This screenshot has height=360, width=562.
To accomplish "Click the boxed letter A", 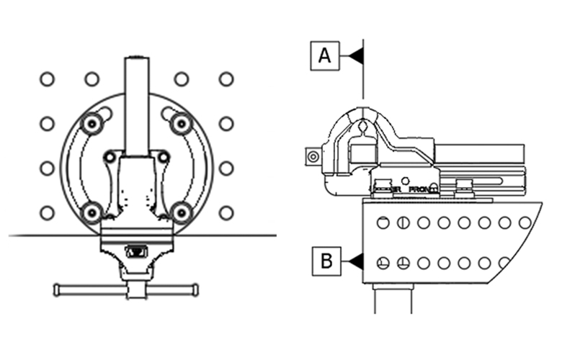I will tap(325, 55).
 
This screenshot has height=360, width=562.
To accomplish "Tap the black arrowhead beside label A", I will tap(355, 55).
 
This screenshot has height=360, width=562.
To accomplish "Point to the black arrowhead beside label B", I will tap(357, 261).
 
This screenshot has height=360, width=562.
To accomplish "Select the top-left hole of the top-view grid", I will tap(47, 79).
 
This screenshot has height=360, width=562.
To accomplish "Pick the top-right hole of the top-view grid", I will tap(226, 79).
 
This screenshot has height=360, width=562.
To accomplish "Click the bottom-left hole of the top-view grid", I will tap(47, 213).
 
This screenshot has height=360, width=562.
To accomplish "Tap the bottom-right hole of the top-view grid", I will tap(226, 213).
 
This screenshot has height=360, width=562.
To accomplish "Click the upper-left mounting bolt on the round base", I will tap(92, 124).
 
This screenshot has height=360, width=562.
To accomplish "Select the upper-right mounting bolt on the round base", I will tap(180, 124).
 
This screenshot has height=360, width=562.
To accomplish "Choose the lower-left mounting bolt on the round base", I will tap(92, 212).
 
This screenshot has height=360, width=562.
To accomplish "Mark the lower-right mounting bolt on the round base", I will tap(181, 212).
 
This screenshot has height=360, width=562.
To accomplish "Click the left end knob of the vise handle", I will tap(57, 290).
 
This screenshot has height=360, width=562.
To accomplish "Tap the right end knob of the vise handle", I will tap(194, 290).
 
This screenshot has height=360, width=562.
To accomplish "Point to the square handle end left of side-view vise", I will tap(311, 155).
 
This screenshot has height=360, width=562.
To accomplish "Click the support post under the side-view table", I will tap(393, 299).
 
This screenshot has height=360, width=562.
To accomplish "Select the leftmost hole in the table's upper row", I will tap(383, 222).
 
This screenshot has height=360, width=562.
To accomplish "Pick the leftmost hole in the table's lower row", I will tap(383, 262).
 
